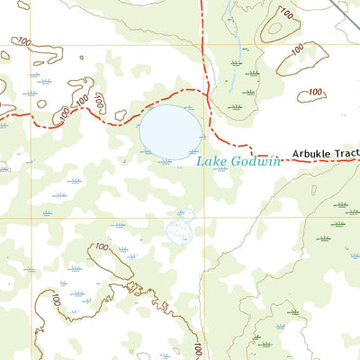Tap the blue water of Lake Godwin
[169, 130]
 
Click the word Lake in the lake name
[206, 161]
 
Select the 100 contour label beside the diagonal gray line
[286, 13]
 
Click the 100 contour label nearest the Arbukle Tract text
[313, 92]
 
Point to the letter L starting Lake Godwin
[199, 161]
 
